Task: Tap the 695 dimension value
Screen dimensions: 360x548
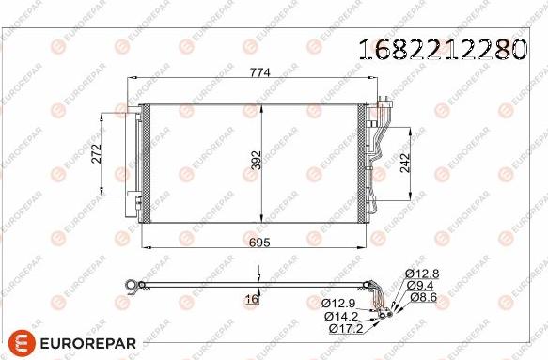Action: [x=258, y=243]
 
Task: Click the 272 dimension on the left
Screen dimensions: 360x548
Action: [x=96, y=156]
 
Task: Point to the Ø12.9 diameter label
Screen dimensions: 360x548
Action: [x=338, y=304]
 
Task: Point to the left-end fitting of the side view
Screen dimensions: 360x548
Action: [x=134, y=283]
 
